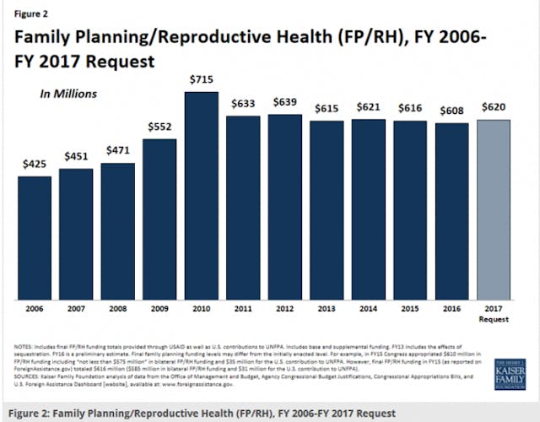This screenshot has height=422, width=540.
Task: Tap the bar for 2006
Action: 35,237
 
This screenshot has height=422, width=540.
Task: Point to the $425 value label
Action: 35,164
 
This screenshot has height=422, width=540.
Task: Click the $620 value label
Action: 493,107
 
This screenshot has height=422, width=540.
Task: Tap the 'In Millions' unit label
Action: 67,95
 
